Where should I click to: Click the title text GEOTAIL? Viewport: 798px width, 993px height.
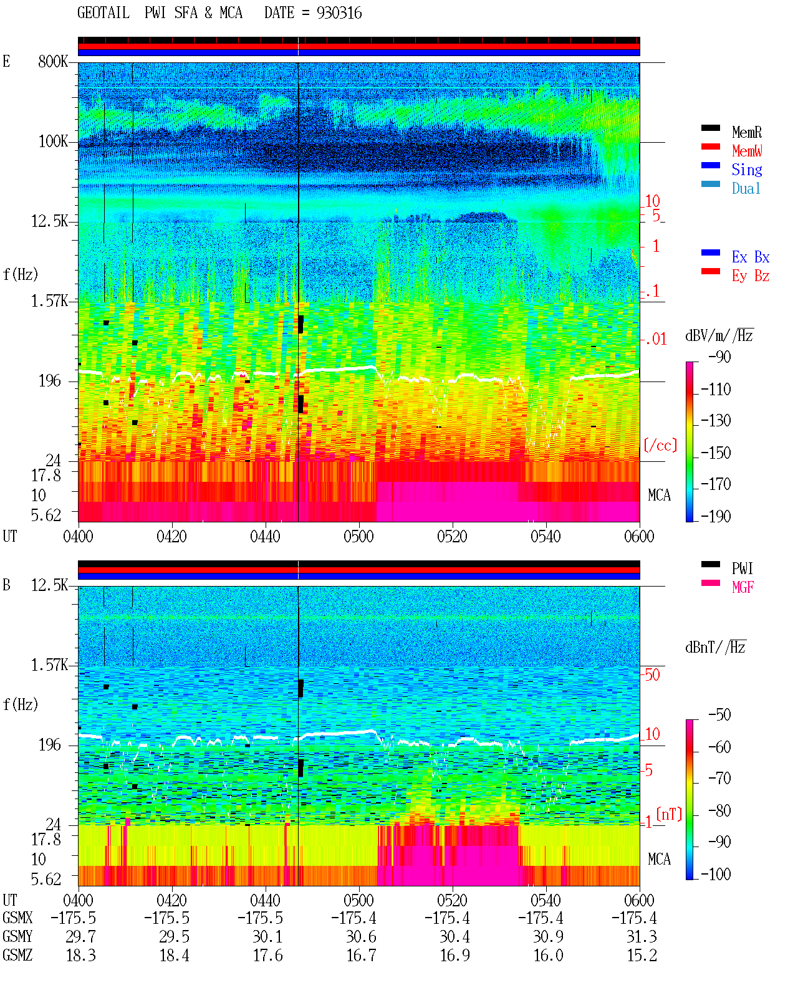pyautogui.click(x=103, y=13)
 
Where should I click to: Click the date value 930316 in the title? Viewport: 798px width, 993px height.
pyautogui.click(x=339, y=13)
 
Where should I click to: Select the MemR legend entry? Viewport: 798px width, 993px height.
pyautogui.click(x=747, y=132)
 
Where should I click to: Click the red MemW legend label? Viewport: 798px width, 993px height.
pyautogui.click(x=747, y=151)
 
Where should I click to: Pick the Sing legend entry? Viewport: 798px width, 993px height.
pyautogui.click(x=747, y=170)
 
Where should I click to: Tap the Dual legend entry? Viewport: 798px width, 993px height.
pyautogui.click(x=746, y=188)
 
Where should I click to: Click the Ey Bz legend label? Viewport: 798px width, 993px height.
pyautogui.click(x=751, y=276)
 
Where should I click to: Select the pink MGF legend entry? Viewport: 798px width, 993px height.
pyautogui.click(x=743, y=587)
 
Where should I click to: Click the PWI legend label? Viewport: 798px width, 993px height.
pyautogui.click(x=743, y=568)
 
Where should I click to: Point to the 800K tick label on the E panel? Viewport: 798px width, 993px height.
pyautogui.click(x=53, y=61)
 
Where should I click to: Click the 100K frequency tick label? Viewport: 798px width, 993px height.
pyautogui.click(x=53, y=142)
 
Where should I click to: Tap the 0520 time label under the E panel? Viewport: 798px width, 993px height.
pyautogui.click(x=453, y=537)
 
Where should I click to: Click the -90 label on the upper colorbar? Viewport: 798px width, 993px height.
pyautogui.click(x=719, y=357)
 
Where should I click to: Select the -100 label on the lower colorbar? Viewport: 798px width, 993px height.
pyautogui.click(x=716, y=874)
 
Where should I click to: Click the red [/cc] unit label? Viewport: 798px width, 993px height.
pyautogui.click(x=660, y=445)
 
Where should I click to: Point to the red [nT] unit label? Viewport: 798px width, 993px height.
pyautogui.click(x=669, y=814)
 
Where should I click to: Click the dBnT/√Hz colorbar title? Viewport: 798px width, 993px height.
pyautogui.click(x=716, y=648)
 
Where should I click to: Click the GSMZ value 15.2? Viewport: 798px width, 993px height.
pyautogui.click(x=642, y=955)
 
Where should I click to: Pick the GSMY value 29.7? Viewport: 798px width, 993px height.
pyautogui.click(x=81, y=937)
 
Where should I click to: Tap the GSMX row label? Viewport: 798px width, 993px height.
pyautogui.click(x=17, y=918)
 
